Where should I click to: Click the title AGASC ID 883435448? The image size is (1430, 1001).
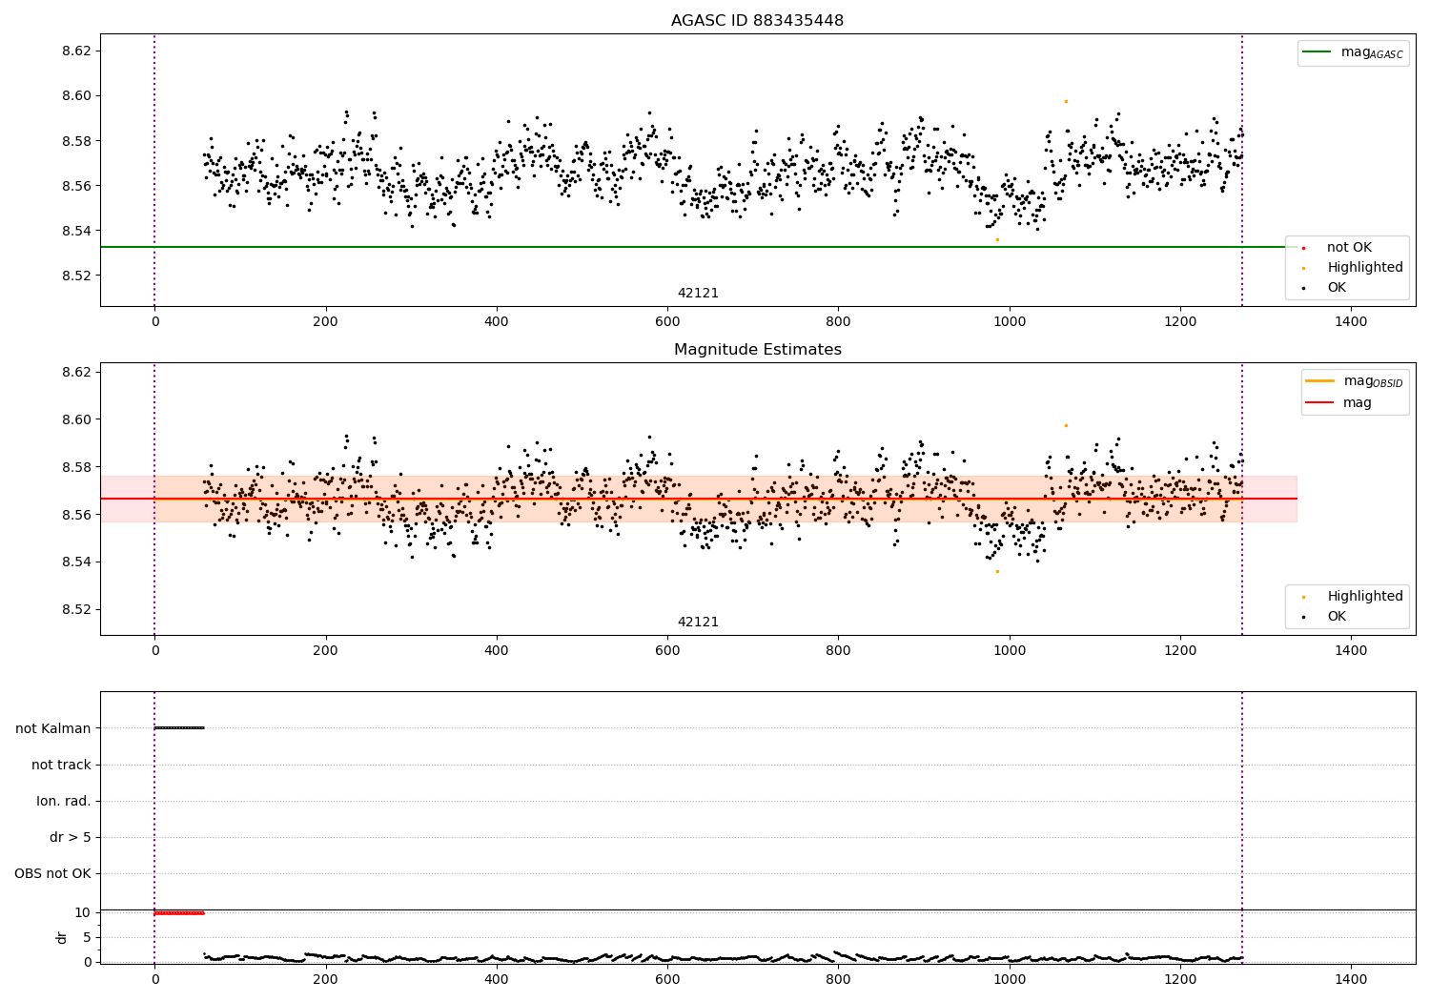(x=757, y=21)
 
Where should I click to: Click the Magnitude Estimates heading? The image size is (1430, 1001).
(x=757, y=350)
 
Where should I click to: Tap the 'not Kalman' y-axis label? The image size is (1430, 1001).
(x=53, y=728)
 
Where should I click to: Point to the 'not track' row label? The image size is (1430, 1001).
(x=61, y=765)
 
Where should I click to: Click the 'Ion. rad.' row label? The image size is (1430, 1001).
(x=64, y=801)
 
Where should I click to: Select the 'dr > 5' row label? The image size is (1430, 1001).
(x=71, y=837)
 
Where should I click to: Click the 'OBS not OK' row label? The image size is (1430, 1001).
(x=52, y=873)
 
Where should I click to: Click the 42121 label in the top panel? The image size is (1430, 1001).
(x=698, y=294)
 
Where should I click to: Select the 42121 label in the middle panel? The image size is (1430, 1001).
(x=698, y=623)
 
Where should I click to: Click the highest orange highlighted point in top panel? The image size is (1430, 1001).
(x=1066, y=101)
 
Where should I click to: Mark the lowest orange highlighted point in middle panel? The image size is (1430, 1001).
(x=997, y=571)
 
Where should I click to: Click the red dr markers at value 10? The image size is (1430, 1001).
(x=179, y=913)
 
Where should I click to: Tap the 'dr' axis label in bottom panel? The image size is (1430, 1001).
(x=62, y=937)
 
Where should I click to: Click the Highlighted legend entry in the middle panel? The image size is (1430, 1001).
(x=1364, y=597)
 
